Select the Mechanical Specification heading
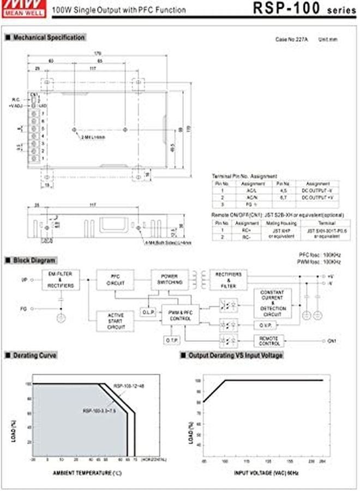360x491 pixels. tap(47, 38)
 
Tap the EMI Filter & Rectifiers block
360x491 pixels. tap(60, 279)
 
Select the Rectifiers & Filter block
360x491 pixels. tap(229, 279)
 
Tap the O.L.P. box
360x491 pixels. tap(147, 312)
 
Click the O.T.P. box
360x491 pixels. tap(169, 340)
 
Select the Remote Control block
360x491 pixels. tap(269, 340)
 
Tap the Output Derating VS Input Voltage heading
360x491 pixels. tap(235, 355)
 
